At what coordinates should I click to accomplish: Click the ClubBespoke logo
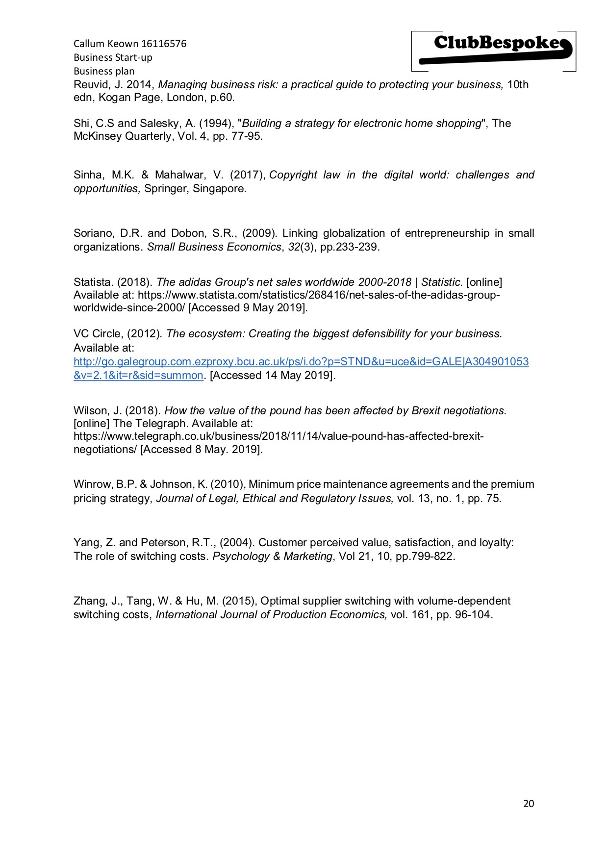[494, 51]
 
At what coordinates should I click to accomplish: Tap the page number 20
[528, 803]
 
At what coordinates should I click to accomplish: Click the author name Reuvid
[92, 85]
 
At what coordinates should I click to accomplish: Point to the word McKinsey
[98, 136]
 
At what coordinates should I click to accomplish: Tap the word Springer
[165, 189]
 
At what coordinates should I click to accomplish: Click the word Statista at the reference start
[93, 282]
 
